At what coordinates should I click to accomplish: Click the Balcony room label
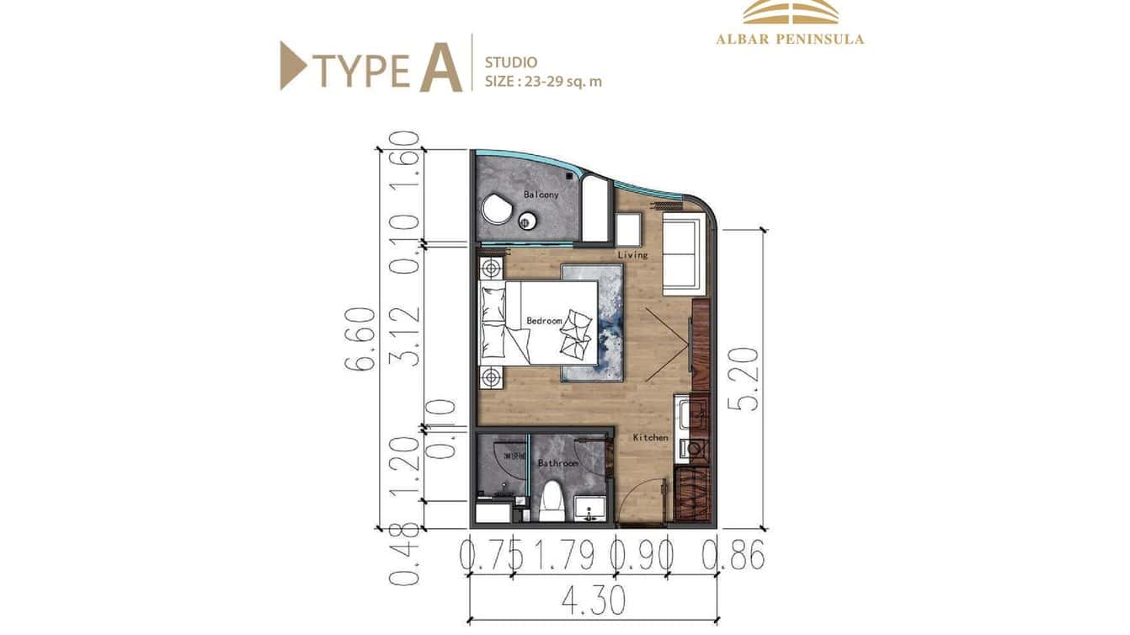[x=541, y=195]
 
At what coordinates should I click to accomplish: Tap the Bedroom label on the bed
[x=543, y=321]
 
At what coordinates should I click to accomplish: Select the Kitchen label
[x=650, y=437]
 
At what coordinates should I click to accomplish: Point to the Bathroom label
[x=557, y=463]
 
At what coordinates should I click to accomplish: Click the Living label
[x=632, y=254]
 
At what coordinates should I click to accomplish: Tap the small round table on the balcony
[x=528, y=222]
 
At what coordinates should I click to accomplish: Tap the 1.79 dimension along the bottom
[x=563, y=556]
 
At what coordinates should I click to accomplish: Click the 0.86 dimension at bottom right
[x=733, y=556]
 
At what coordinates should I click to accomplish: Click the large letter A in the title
[x=440, y=64]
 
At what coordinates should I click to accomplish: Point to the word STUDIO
[x=511, y=62]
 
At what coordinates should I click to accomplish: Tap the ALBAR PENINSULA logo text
[x=790, y=39]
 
